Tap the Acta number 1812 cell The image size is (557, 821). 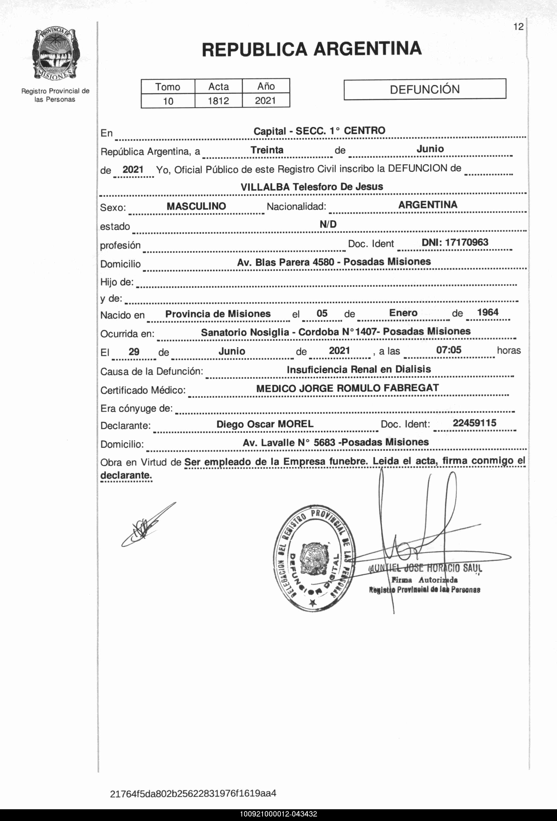coord(218,101)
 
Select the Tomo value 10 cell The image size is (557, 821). coord(168,101)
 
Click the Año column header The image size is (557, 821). coord(266,86)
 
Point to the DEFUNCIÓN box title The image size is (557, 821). coord(425,89)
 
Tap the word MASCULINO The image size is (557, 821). coord(196,206)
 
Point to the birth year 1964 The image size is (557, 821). coord(488,312)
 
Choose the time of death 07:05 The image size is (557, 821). coord(448,350)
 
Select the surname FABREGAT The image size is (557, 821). coord(411,388)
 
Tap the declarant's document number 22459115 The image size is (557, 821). coord(474,423)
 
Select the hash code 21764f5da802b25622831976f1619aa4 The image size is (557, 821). coord(193,793)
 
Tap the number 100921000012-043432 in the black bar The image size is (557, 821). coord(278,814)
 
